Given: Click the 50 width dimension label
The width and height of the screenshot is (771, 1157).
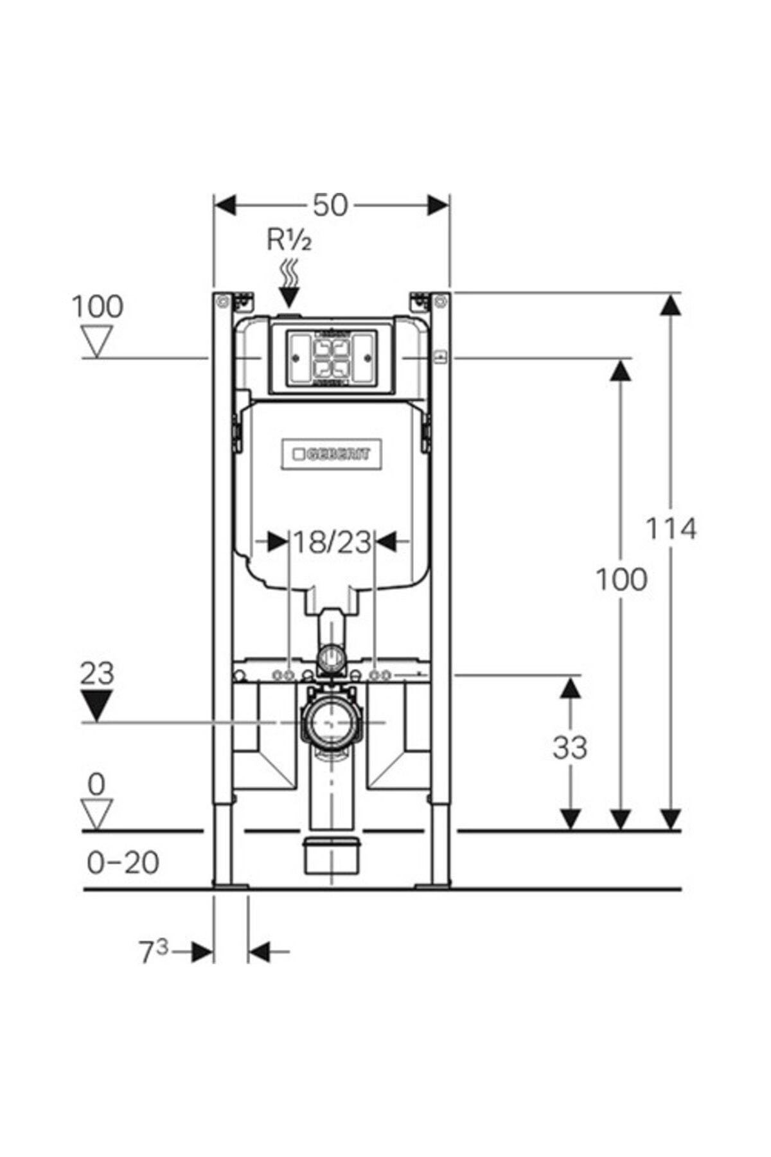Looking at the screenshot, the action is pyautogui.click(x=330, y=205).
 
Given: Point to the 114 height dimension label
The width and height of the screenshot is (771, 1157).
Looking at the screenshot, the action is pyautogui.click(x=670, y=529).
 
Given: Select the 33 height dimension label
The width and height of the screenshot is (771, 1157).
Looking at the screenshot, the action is pyautogui.click(x=570, y=748).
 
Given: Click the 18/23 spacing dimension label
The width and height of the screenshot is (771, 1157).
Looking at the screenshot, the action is pyautogui.click(x=332, y=542).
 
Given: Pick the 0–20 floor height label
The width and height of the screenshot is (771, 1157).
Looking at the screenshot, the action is pyautogui.click(x=123, y=863).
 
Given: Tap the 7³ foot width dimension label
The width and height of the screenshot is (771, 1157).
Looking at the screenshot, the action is pyautogui.click(x=154, y=951).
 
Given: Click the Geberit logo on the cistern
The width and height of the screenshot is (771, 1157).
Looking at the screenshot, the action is pyautogui.click(x=332, y=454).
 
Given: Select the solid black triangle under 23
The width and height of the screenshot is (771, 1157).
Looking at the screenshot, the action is pyautogui.click(x=96, y=706).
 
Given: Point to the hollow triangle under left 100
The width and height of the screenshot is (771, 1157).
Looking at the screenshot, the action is pyautogui.click(x=97, y=341).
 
